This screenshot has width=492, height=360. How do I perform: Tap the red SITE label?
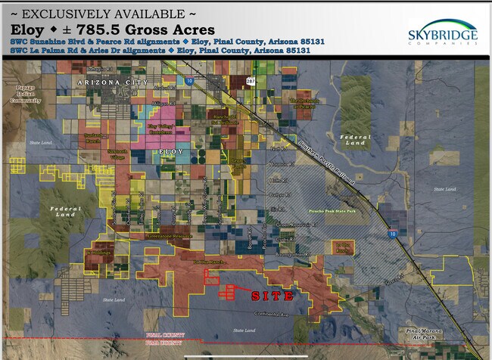click(272, 296)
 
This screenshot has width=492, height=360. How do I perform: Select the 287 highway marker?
click(250, 80)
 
